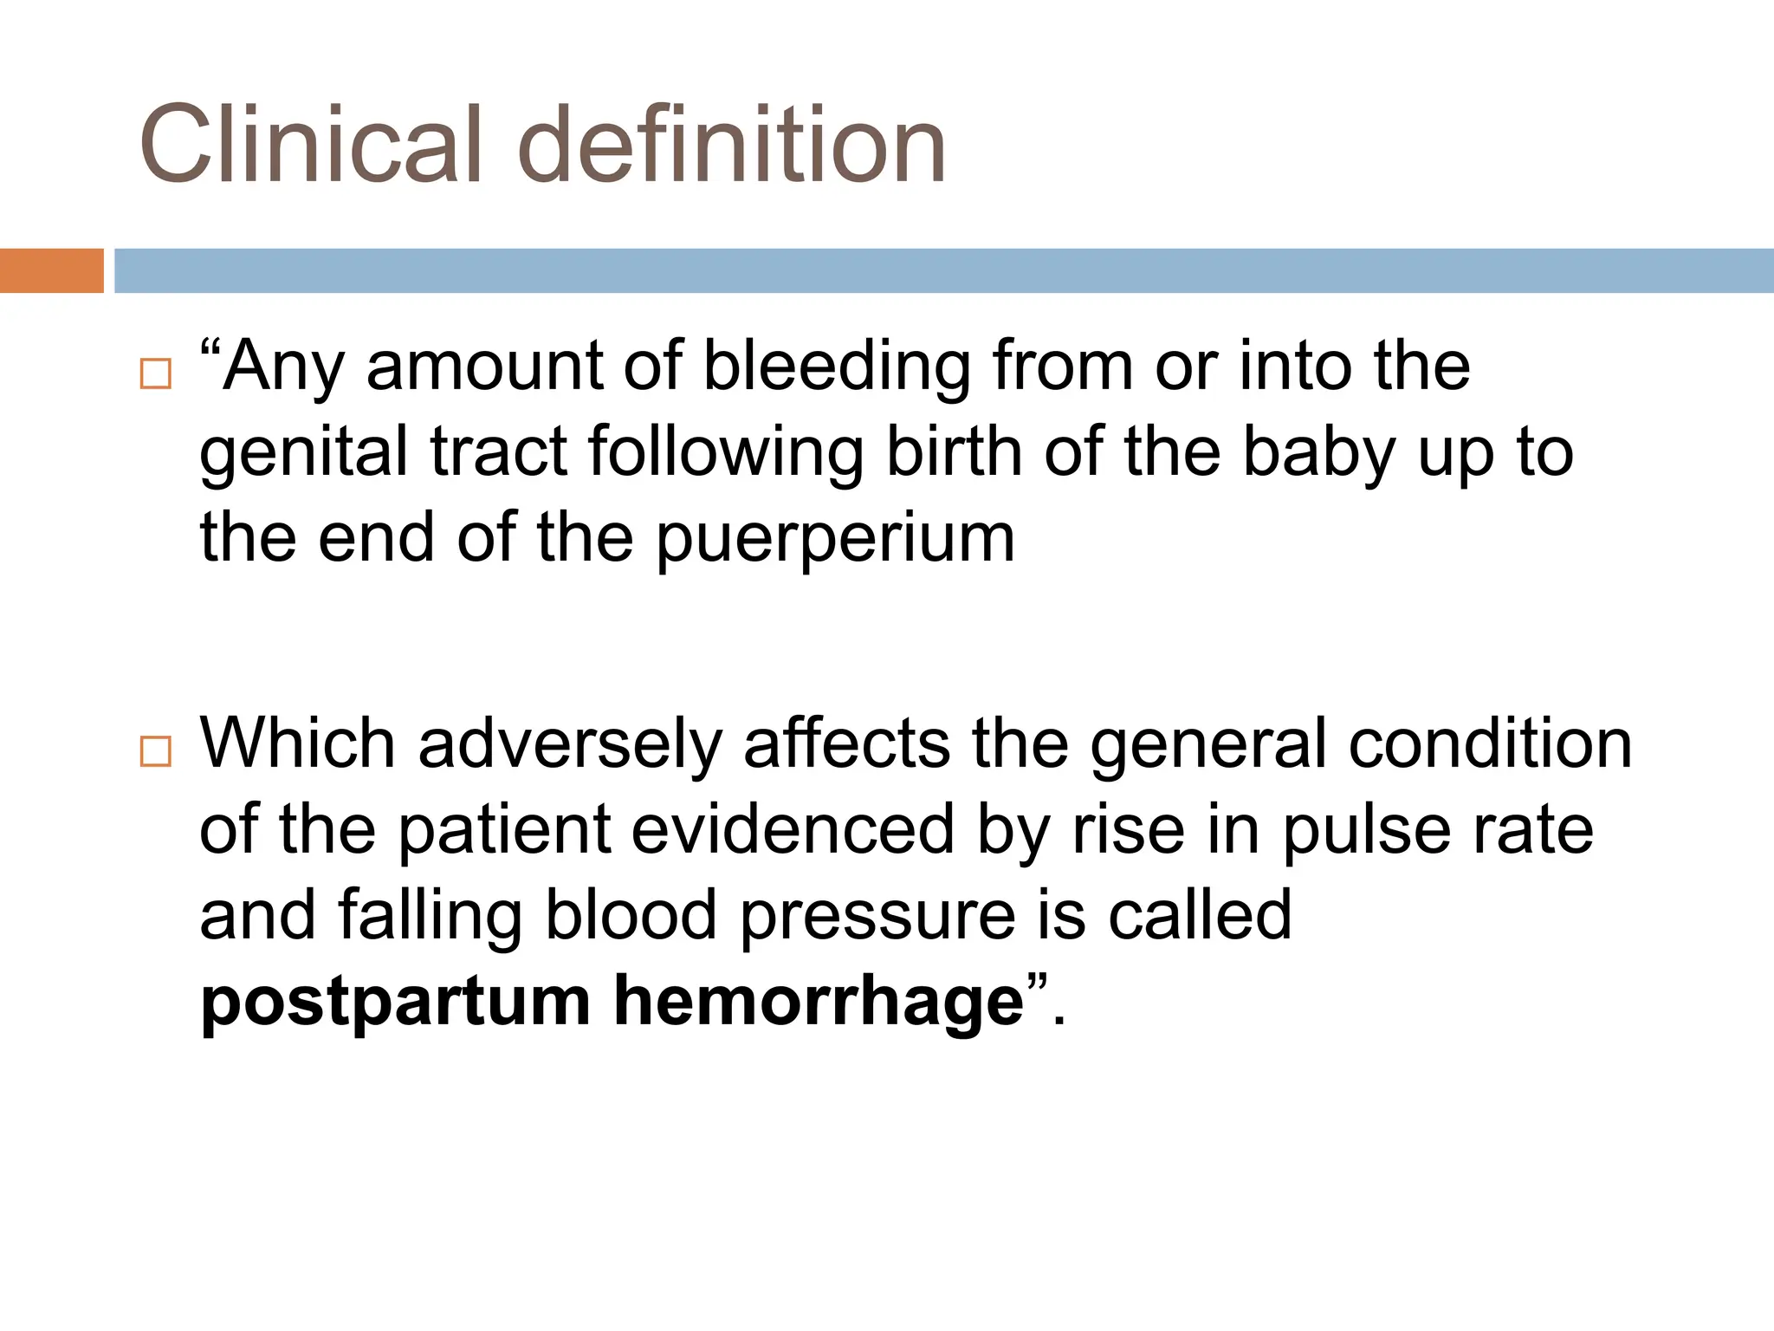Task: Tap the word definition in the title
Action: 732,144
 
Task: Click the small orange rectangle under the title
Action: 51,270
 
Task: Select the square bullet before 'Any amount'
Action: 156,373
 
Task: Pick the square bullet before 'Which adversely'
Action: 156,750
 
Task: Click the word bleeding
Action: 836,366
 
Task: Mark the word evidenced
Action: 793,829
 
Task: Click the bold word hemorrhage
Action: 819,1002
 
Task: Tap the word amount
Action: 484,366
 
